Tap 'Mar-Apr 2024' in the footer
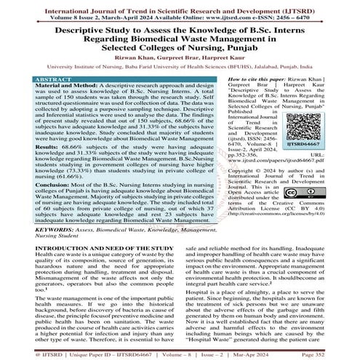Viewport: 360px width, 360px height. [287, 353]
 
